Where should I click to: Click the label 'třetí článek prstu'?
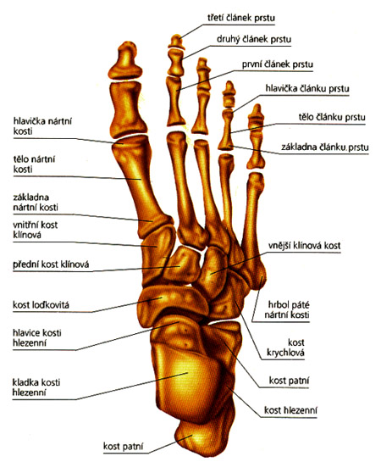click(x=241, y=18)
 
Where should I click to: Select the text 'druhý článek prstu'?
click(x=254, y=39)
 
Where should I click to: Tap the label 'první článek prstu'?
click(x=278, y=64)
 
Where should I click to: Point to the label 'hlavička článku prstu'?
click(x=307, y=88)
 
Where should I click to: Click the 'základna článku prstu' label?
click(x=324, y=147)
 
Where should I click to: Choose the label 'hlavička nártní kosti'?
click(x=42, y=126)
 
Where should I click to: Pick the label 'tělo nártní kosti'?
click(x=34, y=164)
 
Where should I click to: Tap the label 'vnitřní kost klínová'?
click(x=35, y=230)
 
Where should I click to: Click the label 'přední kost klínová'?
click(x=51, y=264)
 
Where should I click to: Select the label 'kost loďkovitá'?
click(x=41, y=304)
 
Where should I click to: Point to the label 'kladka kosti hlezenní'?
click(x=36, y=387)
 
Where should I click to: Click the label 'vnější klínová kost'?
click(x=304, y=245)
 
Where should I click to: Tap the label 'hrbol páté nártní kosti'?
click(x=287, y=309)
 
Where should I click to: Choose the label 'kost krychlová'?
click(x=285, y=348)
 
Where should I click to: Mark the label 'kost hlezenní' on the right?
click(x=290, y=410)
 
